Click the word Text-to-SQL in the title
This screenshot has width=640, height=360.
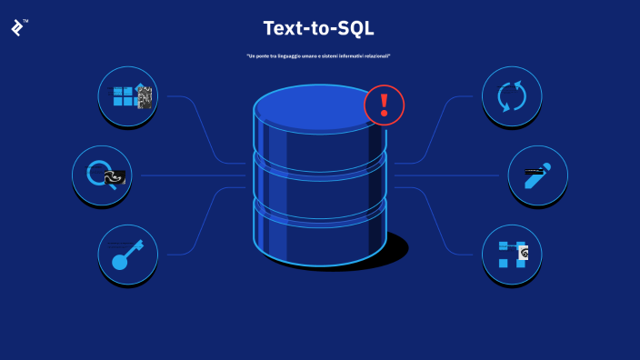pos(318,28)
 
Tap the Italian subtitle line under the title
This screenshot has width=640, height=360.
pos(318,56)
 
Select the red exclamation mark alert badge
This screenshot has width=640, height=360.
pos(384,105)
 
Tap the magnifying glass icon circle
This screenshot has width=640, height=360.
pos(102,175)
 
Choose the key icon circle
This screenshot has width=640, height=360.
pos(128,254)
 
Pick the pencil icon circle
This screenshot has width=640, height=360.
pos(537,175)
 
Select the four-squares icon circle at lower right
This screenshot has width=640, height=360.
pos(512,254)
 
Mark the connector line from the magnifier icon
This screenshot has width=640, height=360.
pos(191,175)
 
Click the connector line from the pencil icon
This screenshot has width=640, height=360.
pos(450,175)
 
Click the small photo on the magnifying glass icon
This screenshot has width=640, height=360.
pos(114,178)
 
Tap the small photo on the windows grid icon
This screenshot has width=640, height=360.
pos(144,96)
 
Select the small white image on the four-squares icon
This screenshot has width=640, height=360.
pos(523,254)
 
